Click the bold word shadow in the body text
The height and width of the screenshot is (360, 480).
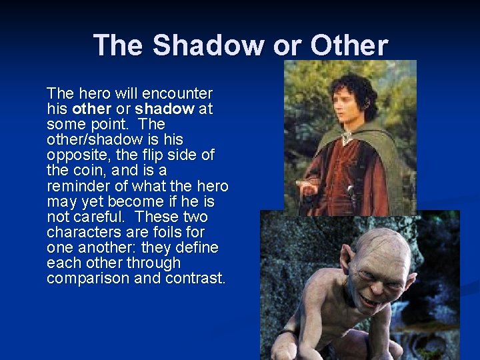coord(164,109)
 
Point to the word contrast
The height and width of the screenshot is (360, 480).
coord(193,278)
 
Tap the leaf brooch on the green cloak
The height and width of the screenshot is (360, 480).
coord(346,138)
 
